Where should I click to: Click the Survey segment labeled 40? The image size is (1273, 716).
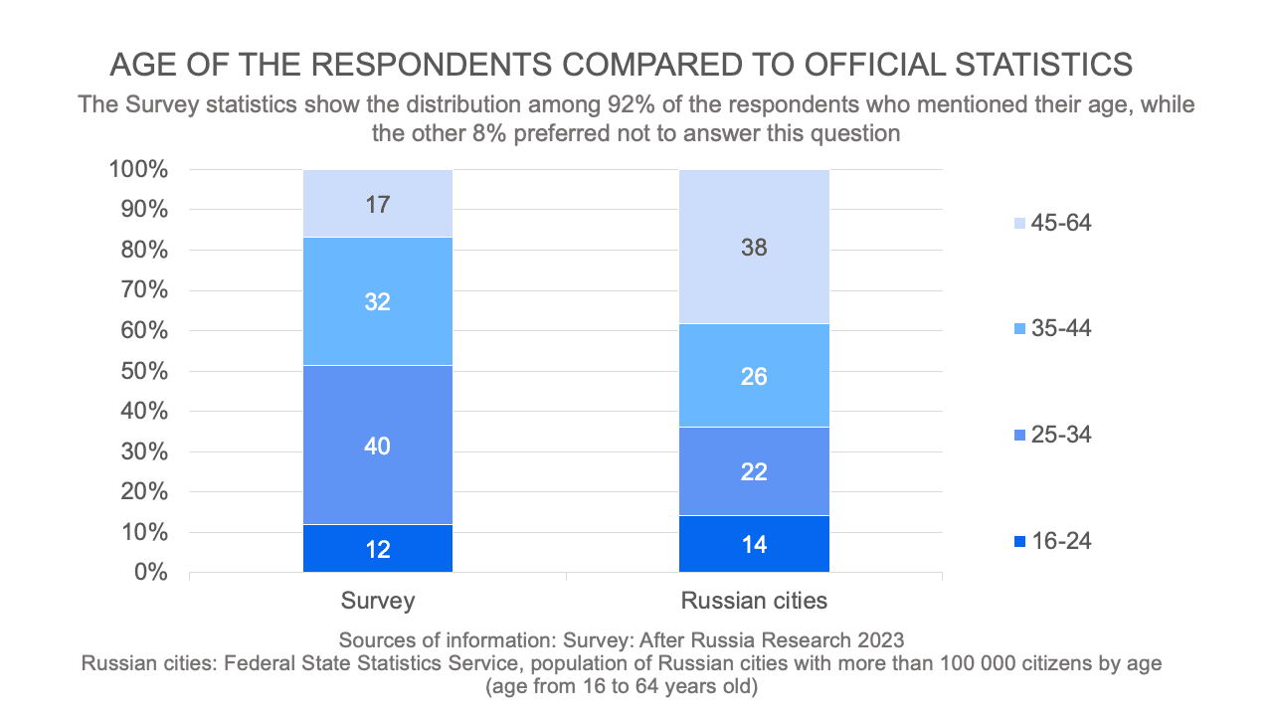click(378, 445)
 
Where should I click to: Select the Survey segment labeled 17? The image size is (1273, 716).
click(378, 204)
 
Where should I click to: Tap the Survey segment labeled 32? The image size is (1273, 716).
click(378, 301)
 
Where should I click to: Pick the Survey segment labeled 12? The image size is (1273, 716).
click(378, 548)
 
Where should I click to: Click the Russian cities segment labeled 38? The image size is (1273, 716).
click(754, 247)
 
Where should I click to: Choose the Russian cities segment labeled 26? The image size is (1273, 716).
click(754, 377)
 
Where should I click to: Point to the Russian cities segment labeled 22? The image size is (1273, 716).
click(754, 470)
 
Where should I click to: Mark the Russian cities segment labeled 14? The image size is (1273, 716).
click(754, 544)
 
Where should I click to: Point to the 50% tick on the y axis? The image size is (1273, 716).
click(144, 371)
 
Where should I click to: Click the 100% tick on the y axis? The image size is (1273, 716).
click(138, 169)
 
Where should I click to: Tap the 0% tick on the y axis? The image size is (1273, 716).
click(150, 573)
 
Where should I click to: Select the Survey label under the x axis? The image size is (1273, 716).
click(378, 601)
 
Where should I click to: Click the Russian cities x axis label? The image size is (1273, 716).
click(754, 601)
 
